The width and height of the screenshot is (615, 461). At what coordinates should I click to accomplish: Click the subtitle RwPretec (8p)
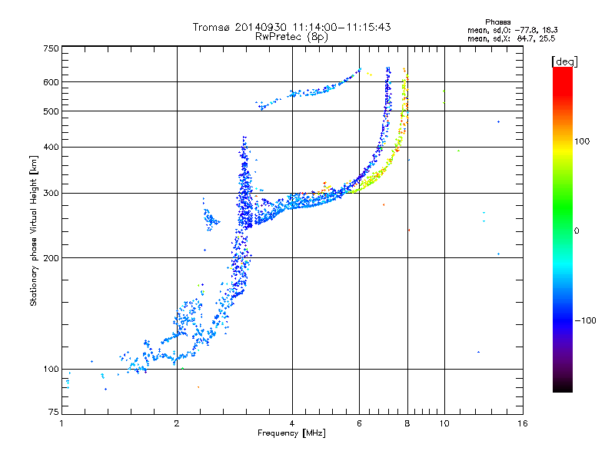click(x=291, y=37)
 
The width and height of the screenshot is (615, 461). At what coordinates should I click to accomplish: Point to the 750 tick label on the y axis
click(x=51, y=48)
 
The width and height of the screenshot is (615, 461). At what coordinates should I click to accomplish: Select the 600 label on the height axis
click(x=51, y=82)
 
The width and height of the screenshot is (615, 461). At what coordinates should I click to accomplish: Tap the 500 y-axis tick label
click(x=51, y=111)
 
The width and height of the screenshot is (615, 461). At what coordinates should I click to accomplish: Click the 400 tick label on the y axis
click(x=51, y=147)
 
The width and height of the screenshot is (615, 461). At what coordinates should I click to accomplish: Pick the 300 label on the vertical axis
click(x=51, y=193)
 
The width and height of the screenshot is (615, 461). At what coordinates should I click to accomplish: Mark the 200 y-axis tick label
click(x=51, y=258)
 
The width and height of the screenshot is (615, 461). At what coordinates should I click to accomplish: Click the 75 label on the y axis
click(x=54, y=412)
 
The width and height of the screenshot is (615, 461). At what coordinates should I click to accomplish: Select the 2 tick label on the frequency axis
click(x=177, y=423)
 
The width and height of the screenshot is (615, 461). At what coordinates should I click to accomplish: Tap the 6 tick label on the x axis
click(x=359, y=423)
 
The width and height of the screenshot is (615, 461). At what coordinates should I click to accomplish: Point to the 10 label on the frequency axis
click(x=444, y=423)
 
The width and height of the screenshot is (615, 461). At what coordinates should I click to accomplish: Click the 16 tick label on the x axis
click(x=523, y=423)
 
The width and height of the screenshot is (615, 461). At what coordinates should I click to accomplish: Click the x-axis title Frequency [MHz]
click(x=291, y=433)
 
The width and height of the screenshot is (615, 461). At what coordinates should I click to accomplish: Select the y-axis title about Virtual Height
click(x=34, y=230)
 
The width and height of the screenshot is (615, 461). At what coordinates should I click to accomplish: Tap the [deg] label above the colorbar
click(x=564, y=61)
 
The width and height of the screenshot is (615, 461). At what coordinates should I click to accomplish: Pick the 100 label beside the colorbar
click(x=582, y=141)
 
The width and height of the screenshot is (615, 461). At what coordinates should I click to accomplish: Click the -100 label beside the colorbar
click(x=585, y=320)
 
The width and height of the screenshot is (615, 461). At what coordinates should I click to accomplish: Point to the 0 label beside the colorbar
click(x=577, y=231)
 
